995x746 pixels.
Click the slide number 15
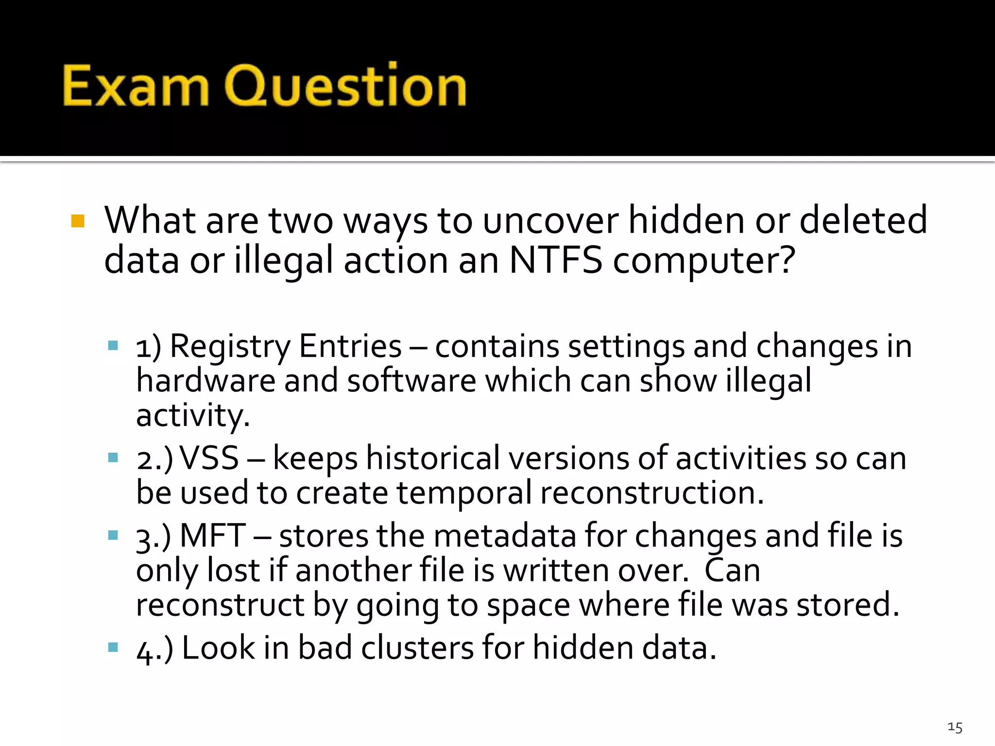pos(955,727)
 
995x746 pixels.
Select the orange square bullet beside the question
pos(78,221)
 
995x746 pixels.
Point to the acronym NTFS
pos(555,260)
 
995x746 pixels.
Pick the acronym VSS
pos(209,458)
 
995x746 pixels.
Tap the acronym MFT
pos(213,536)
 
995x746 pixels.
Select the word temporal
pos(464,492)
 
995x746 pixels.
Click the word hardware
pos(206,380)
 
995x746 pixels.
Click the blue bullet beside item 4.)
pos(113,647)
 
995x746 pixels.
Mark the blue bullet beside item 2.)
pos(113,458)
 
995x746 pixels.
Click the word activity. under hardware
pos(193,416)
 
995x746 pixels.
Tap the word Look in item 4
pos(218,648)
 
